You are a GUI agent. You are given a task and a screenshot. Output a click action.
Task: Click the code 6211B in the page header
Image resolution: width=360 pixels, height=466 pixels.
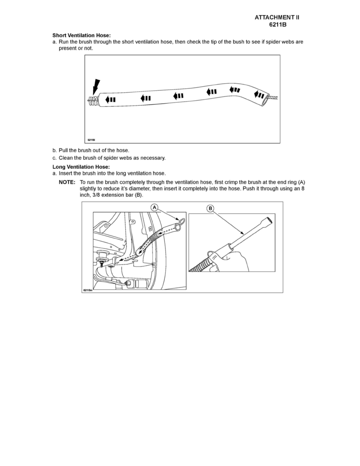click(x=279, y=25)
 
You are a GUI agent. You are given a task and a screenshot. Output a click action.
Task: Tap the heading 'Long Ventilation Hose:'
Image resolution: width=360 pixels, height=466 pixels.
click(x=78, y=167)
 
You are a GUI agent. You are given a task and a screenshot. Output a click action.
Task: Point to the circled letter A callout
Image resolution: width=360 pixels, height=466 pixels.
click(x=155, y=208)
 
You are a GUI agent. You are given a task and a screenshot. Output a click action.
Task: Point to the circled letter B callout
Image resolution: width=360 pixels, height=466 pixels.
click(x=211, y=209)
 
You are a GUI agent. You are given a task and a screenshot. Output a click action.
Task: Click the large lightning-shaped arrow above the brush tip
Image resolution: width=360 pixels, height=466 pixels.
click(x=96, y=87)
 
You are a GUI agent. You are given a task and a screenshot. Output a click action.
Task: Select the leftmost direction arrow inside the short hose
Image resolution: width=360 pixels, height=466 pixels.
click(x=111, y=99)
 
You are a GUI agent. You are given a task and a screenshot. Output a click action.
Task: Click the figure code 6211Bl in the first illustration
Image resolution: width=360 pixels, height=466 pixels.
click(x=91, y=139)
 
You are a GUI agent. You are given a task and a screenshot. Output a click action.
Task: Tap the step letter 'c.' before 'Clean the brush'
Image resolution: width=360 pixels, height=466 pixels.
click(x=55, y=158)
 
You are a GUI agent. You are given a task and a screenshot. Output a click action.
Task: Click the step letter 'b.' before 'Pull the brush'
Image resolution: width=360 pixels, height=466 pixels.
click(x=55, y=150)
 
